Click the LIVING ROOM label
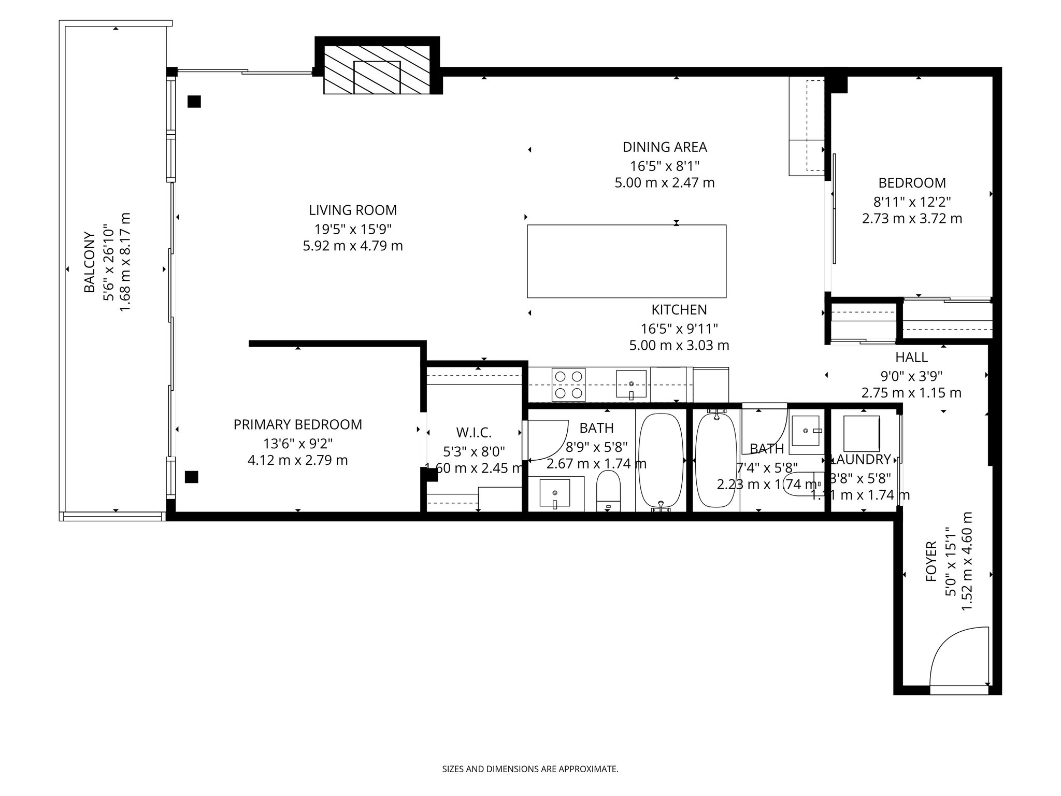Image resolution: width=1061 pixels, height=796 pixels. (352, 210)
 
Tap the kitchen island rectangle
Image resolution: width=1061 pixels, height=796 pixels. (626, 261)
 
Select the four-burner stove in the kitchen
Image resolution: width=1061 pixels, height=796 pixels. (568, 385)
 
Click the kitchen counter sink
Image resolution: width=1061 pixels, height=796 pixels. (631, 384)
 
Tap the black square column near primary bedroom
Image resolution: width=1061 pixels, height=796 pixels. (191, 477)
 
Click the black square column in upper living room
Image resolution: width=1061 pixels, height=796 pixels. (194, 102)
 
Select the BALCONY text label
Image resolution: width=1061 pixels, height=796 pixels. (90, 262)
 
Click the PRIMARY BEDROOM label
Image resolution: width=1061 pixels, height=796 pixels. (297, 425)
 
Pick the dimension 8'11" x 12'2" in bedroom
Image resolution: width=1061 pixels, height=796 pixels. (912, 201)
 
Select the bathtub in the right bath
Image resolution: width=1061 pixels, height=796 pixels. (715, 460)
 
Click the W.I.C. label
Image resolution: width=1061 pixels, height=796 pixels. (474, 432)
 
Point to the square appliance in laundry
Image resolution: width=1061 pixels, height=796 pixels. (861, 433)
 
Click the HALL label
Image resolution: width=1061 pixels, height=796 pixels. (911, 357)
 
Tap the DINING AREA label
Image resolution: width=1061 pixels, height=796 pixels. (664, 147)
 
